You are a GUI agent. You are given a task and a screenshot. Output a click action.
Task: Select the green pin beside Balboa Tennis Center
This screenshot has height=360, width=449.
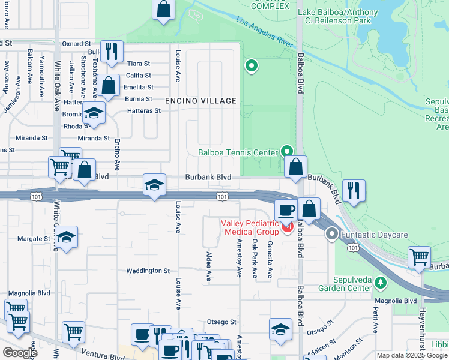288,151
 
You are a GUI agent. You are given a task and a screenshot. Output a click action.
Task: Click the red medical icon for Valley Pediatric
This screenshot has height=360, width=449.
287,227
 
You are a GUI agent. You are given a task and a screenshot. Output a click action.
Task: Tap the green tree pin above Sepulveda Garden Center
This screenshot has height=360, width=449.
379,282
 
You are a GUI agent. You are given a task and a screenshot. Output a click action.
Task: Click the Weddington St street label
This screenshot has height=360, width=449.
148,271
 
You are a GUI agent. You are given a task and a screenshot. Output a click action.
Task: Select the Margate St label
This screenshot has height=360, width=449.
34,239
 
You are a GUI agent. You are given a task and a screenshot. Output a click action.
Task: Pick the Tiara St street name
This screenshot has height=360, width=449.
138,64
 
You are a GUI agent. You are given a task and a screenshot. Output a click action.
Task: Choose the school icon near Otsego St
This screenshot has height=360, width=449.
280,329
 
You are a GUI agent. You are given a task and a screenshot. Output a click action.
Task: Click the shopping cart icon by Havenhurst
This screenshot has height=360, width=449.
419,257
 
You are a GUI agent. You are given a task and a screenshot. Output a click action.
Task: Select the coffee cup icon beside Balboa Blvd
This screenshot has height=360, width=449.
286,211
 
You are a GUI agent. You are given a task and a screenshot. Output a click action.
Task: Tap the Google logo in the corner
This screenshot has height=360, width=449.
19,353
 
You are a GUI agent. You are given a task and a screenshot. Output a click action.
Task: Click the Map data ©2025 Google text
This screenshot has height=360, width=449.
411,355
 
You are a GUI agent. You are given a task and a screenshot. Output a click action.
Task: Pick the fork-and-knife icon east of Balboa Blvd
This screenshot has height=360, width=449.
354,191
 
